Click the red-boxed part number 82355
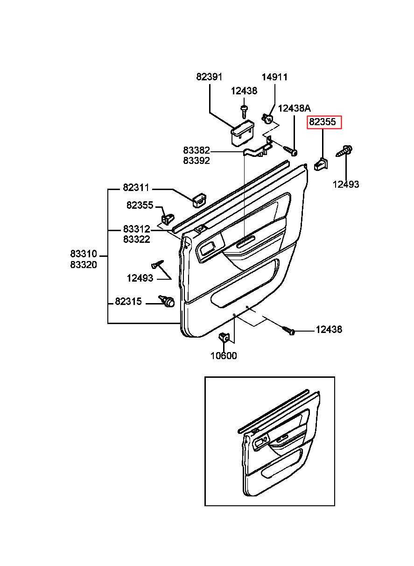(323, 122)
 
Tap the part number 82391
(209, 77)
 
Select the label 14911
(274, 77)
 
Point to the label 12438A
(294, 109)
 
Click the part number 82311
(136, 188)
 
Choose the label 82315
(128, 301)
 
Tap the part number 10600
(224, 356)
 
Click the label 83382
(196, 150)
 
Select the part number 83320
(84, 265)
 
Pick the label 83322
(137, 239)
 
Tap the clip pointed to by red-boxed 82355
(321, 163)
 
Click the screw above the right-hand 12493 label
(344, 151)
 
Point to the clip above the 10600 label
(224, 337)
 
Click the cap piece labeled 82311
(199, 200)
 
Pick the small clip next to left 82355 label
(168, 219)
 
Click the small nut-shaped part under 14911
(267, 118)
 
